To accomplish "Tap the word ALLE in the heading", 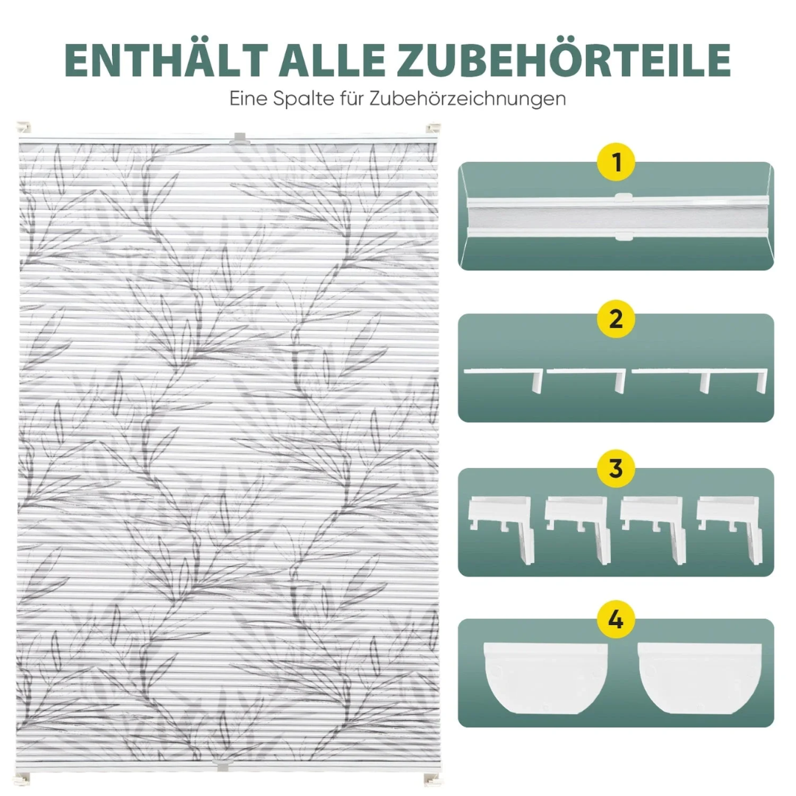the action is pyautogui.click(x=331, y=60).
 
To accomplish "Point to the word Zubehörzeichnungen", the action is pyautogui.click(x=467, y=98).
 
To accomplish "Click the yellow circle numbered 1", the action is pyautogui.click(x=615, y=162).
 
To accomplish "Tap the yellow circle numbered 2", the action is pyautogui.click(x=615, y=319).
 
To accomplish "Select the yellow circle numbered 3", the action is pyautogui.click(x=615, y=469).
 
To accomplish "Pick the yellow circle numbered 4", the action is pyautogui.click(x=615, y=619).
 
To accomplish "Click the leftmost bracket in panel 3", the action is pyautogui.click(x=502, y=528).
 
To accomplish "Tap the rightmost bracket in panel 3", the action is pyautogui.click(x=730, y=528).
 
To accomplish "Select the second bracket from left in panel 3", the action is pyautogui.click(x=578, y=528).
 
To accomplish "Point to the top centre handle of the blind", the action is pyautogui.click(x=239, y=138).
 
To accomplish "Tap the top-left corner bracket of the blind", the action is pyautogui.click(x=24, y=128).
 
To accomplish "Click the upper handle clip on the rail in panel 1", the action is pyautogui.click(x=624, y=198).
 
